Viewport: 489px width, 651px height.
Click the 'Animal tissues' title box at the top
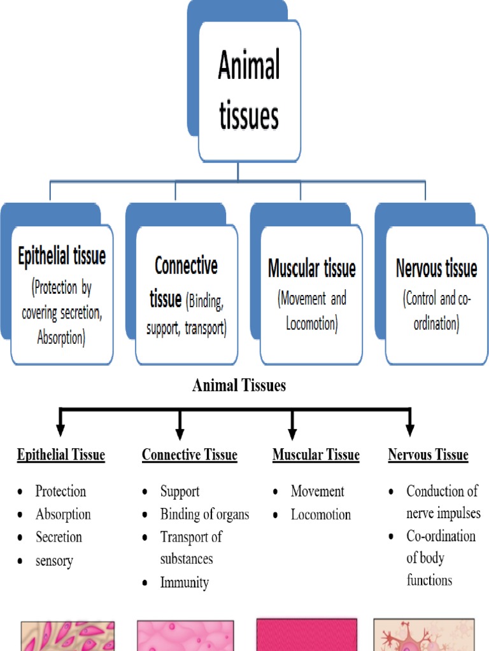(x=249, y=91)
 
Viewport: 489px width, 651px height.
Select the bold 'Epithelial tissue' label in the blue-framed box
(x=62, y=257)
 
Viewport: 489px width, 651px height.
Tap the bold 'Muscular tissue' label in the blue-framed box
(x=311, y=268)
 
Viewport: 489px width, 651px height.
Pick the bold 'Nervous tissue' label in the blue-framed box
(x=436, y=268)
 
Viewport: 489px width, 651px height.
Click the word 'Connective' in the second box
(x=186, y=266)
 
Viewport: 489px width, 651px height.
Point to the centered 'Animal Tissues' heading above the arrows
(x=239, y=385)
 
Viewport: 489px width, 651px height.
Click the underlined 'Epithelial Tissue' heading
(x=61, y=455)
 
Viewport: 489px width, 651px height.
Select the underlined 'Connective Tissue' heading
(x=189, y=455)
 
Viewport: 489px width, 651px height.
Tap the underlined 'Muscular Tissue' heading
(x=316, y=455)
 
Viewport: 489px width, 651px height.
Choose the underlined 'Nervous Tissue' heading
(x=428, y=455)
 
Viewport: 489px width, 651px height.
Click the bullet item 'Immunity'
(x=185, y=582)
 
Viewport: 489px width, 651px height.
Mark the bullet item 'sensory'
(x=54, y=561)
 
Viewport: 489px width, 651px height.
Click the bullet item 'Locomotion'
(x=320, y=514)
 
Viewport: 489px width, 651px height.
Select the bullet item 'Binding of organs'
(x=204, y=514)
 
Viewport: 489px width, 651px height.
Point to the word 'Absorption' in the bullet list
(x=63, y=514)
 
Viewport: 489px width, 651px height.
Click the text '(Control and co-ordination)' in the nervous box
(x=436, y=311)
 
